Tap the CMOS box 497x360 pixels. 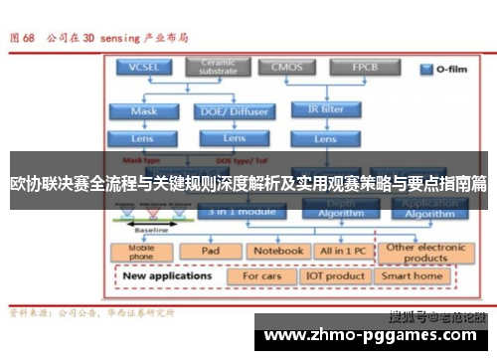pos(287,68)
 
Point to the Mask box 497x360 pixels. pos(144,111)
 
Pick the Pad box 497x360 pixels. pos(210,251)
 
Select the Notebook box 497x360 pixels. pos(276,251)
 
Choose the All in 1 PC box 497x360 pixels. pos(344,251)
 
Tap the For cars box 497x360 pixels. pos(263,275)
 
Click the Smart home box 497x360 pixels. pos(412,275)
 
